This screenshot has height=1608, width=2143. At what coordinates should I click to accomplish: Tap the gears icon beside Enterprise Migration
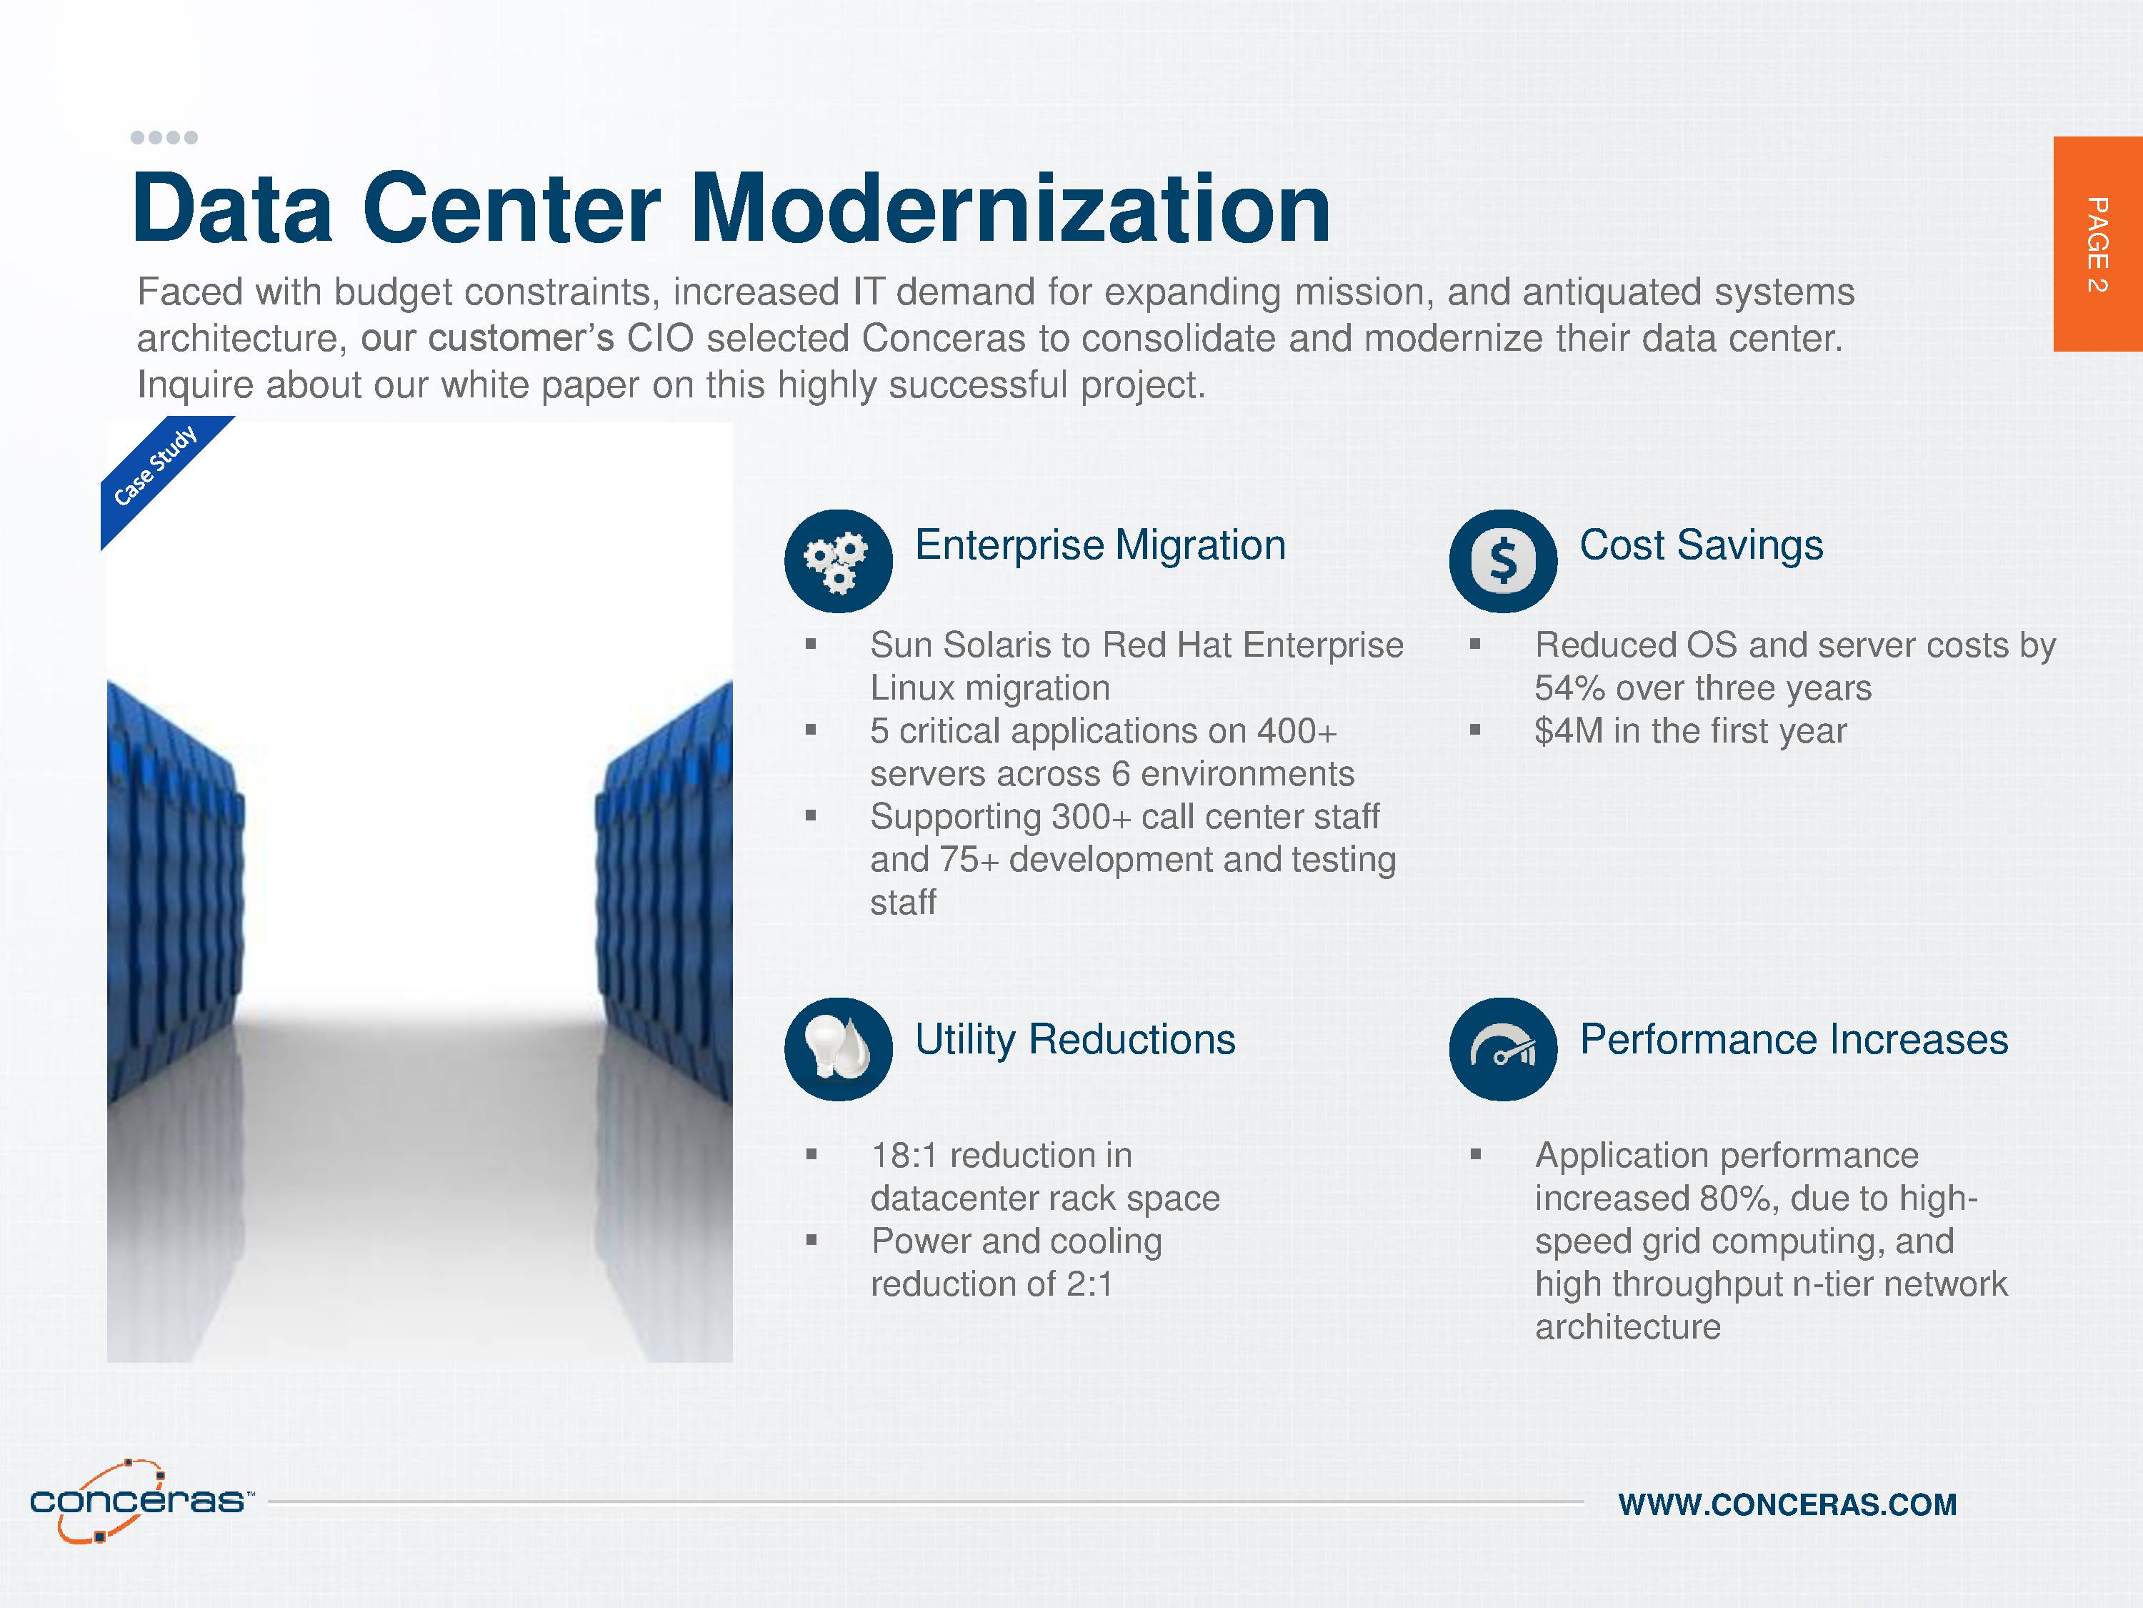tap(838, 561)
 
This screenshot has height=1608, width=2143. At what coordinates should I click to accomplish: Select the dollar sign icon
tap(1503, 561)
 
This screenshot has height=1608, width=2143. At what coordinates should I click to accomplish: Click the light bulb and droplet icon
tap(838, 1048)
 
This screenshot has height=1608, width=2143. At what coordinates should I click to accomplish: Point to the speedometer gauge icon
tap(1503, 1048)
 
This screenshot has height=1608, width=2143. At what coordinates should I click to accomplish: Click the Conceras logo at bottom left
tap(141, 1500)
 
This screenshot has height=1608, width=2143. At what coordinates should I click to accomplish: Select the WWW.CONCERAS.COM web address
tap(1787, 1504)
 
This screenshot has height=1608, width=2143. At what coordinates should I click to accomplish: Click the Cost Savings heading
tap(1702, 545)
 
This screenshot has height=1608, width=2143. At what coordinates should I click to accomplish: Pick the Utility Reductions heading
tap(1075, 1039)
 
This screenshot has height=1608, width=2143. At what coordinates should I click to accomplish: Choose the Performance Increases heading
tap(1794, 1039)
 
